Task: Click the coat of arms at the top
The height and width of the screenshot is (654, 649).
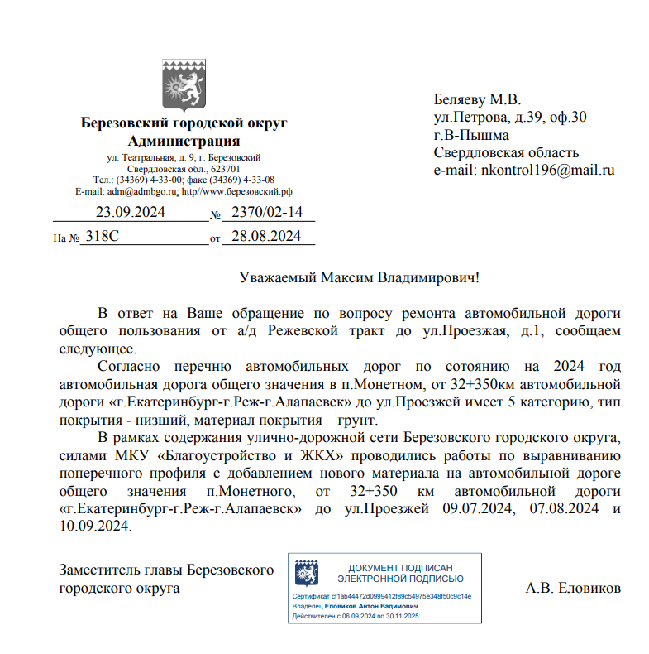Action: coord(184,85)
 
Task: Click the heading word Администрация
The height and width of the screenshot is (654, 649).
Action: coord(184,141)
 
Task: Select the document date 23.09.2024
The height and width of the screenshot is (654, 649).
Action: coord(130,212)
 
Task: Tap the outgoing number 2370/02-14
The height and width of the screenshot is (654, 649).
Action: coord(261,212)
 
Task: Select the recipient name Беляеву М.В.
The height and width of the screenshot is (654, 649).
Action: coord(477,99)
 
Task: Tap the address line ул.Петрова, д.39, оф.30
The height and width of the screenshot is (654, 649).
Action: coord(510,117)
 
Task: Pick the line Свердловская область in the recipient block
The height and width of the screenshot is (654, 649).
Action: coord(506,152)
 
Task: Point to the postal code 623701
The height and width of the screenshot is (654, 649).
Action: coord(224,168)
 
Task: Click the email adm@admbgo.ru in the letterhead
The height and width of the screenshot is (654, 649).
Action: coord(141,191)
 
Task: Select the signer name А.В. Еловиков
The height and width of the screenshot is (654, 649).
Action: coord(573,589)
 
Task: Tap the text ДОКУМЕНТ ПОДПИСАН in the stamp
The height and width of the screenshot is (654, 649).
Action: coord(400,568)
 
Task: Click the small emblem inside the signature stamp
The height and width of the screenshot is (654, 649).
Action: coord(308,574)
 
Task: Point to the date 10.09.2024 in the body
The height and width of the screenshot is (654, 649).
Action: coord(95,527)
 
